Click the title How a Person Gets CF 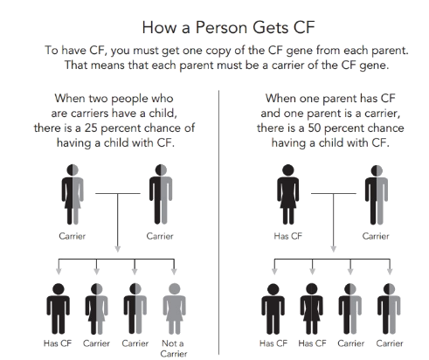[228, 28]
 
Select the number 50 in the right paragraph [315, 128]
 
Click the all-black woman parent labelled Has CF [288, 194]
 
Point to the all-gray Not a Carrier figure [174, 308]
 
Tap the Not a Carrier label [173, 349]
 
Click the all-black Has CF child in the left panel [59, 308]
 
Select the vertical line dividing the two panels [218, 222]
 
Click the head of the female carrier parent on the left [73, 170]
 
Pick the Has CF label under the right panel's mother [288, 236]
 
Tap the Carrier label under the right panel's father [376, 236]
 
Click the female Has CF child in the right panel [312, 308]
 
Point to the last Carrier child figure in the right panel [389, 308]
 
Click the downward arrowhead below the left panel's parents [118, 249]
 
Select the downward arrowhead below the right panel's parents [334, 249]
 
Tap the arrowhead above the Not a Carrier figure [174, 272]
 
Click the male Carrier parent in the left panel [161, 194]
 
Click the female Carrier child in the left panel [97, 308]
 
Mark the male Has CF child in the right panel [273, 308]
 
